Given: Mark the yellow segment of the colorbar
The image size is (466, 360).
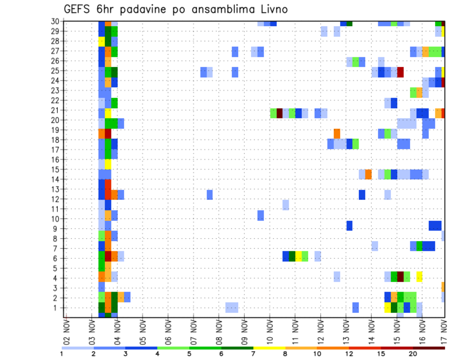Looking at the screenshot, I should [269, 348].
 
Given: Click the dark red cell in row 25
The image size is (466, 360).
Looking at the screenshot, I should [400, 72].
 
